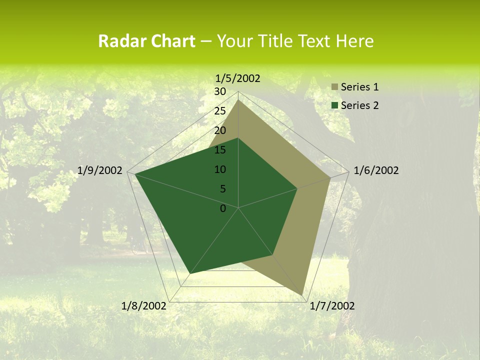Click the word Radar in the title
click(118, 41)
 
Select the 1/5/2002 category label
click(238, 78)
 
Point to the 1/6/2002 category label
click(376, 170)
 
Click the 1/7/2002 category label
click(332, 306)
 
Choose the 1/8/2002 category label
click(144, 306)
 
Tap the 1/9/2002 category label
click(100, 170)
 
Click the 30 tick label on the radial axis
click(220, 91)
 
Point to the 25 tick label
click(220, 111)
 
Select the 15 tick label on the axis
click(220, 150)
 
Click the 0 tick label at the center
click(223, 208)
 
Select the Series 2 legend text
click(359, 105)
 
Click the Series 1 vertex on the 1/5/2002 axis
click(238, 100)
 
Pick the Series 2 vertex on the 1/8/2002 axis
click(190, 273)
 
